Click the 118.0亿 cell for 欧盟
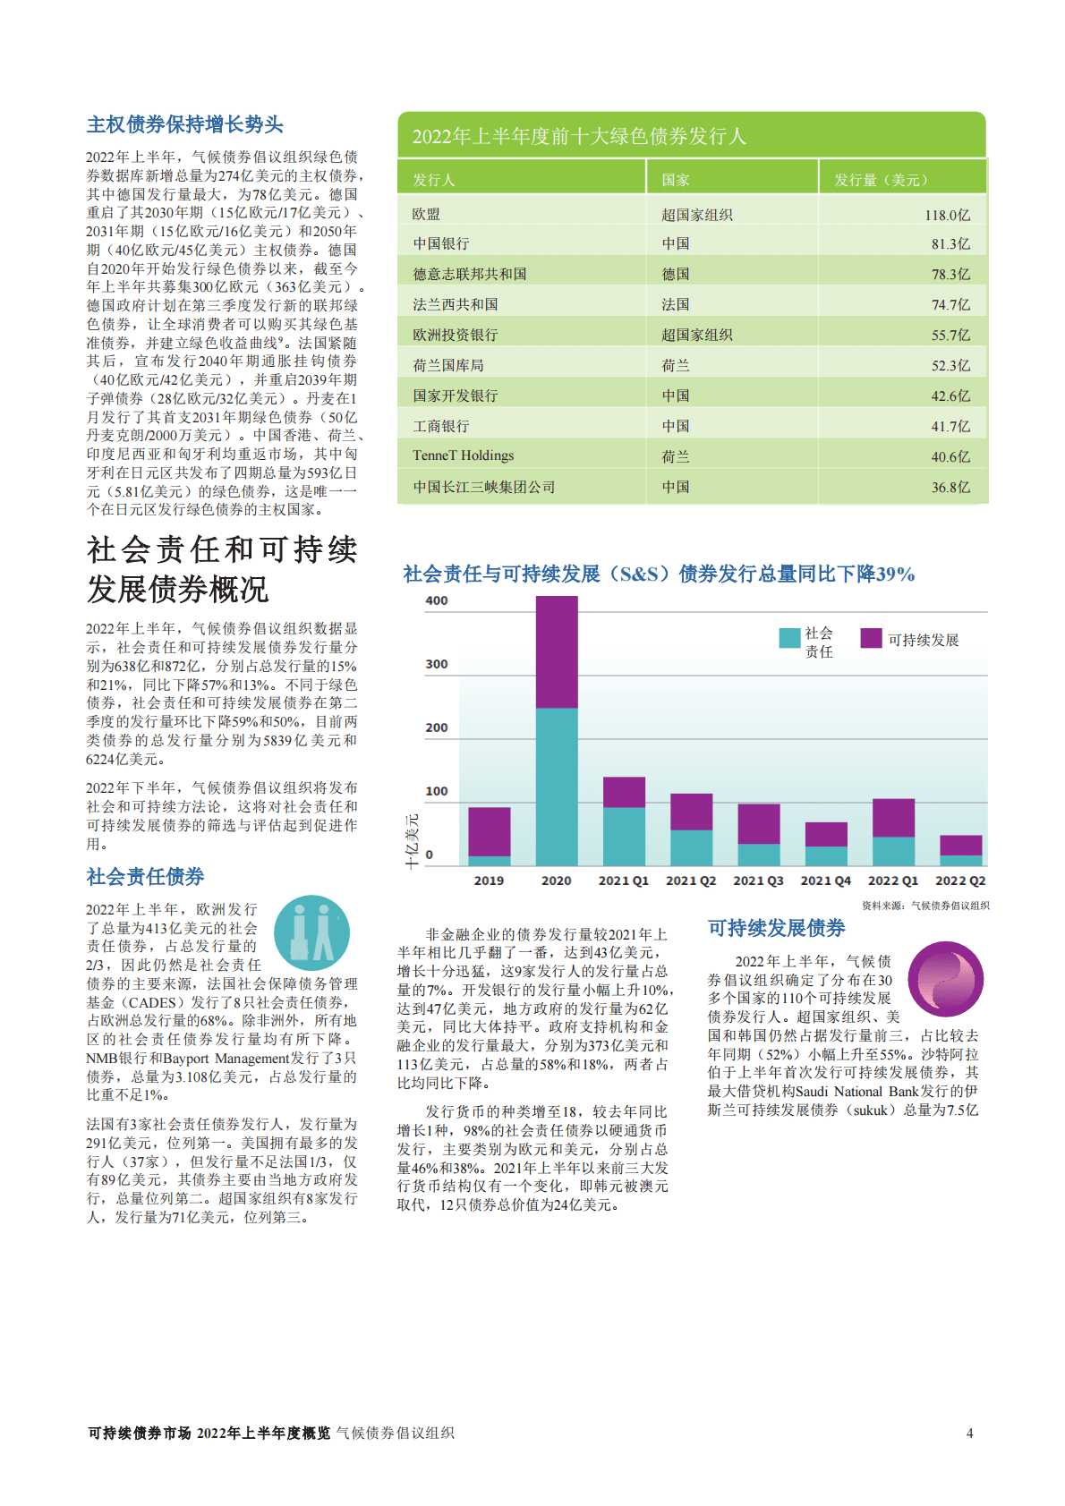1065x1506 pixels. click(x=947, y=215)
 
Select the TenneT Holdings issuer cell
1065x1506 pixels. click(x=464, y=455)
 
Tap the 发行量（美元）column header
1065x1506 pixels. click(x=881, y=180)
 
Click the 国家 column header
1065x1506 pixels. click(x=676, y=180)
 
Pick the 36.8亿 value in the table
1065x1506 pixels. click(x=950, y=488)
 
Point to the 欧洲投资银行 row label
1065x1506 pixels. click(x=456, y=335)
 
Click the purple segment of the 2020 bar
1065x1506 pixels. click(x=557, y=651)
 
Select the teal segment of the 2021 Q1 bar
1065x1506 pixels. click(x=624, y=836)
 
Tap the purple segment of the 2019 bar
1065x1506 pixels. click(x=490, y=831)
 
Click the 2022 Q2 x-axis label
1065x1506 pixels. click(x=960, y=881)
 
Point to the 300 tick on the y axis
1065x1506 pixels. click(x=437, y=664)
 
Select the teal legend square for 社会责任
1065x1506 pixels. click(x=789, y=638)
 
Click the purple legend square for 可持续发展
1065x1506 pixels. click(x=871, y=638)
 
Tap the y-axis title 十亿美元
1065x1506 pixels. click(x=412, y=841)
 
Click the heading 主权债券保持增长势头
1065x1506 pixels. click(x=185, y=124)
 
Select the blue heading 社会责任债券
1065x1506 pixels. click(x=146, y=876)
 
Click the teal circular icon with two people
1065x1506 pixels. click(x=311, y=933)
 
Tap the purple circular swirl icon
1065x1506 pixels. click(x=945, y=979)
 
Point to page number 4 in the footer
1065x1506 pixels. click(x=969, y=1433)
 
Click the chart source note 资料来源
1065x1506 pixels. click(x=925, y=906)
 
